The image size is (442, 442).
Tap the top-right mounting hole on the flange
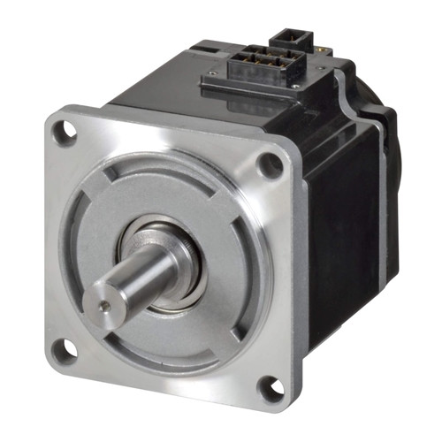[x=271, y=164]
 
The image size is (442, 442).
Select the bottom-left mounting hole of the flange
[x=63, y=350]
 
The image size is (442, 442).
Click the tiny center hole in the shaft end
[x=105, y=305]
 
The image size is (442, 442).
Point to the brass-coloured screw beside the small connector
[x=324, y=55]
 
